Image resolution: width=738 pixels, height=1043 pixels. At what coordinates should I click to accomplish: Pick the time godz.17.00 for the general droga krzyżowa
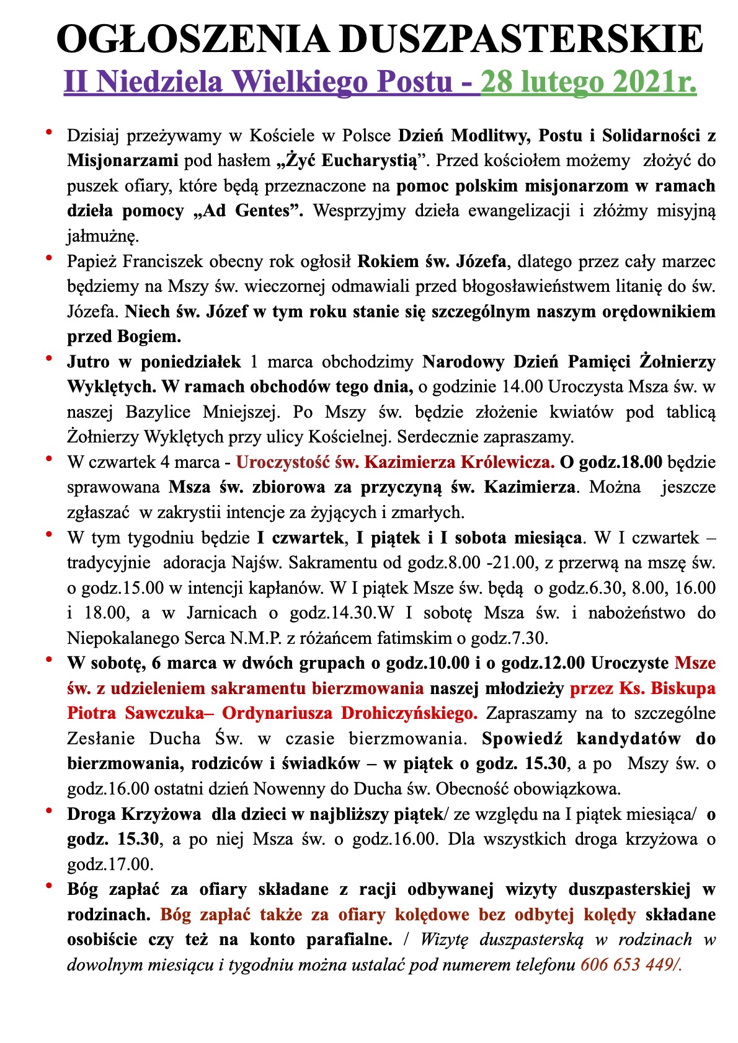click(109, 865)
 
